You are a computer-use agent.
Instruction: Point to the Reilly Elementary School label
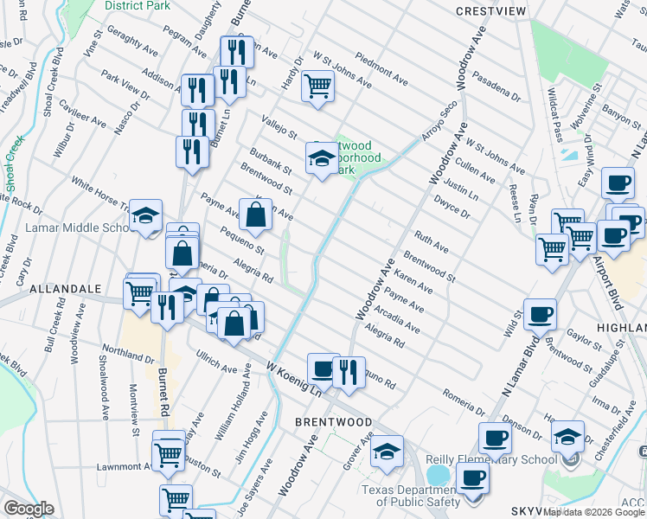tap(490, 460)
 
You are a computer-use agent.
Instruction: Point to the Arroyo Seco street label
tap(438, 123)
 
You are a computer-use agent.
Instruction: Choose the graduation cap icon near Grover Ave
tap(387, 451)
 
